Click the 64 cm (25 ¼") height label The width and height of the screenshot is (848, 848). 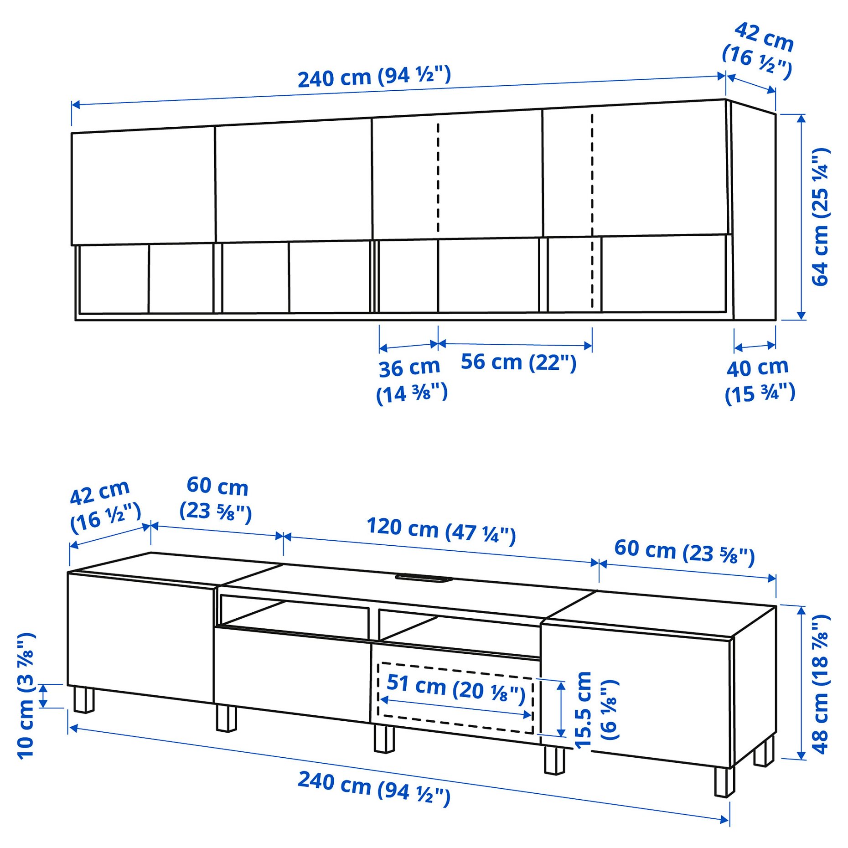(820, 217)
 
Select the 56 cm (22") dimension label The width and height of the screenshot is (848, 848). (518, 362)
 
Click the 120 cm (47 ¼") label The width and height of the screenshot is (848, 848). (441, 530)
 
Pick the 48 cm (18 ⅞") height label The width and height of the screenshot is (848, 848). (820, 684)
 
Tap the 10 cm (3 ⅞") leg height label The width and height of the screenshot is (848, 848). (26, 695)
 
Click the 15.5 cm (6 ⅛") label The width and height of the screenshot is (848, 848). (595, 709)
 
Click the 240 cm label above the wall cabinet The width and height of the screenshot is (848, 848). (374, 77)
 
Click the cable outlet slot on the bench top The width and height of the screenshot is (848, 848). (424, 578)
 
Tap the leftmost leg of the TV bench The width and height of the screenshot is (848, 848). (83, 700)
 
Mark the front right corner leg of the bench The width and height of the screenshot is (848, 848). (724, 781)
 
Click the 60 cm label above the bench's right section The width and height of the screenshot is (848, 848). (684, 552)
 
